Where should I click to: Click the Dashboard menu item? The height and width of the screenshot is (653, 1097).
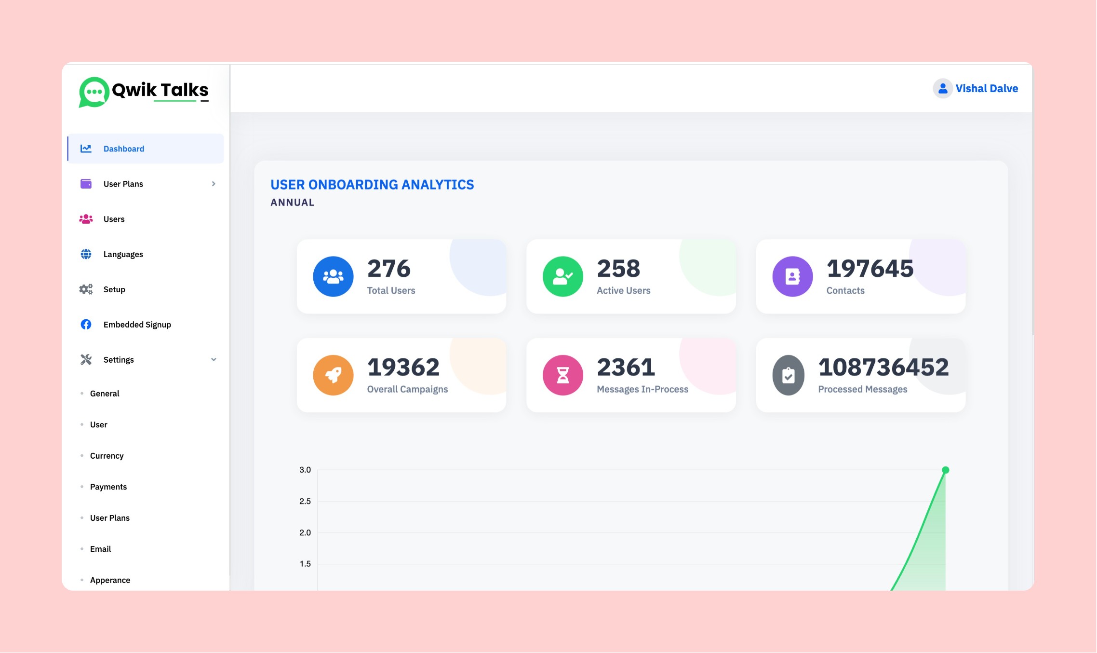[123, 149]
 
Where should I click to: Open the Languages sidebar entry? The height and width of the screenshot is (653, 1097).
[123, 255]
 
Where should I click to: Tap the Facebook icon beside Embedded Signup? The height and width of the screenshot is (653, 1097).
[86, 325]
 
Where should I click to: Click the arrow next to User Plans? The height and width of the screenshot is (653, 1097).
[214, 184]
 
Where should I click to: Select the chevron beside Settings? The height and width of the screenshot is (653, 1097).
[214, 360]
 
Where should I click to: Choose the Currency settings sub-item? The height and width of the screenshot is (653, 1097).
[107, 456]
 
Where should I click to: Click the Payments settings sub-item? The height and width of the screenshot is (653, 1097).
[108, 487]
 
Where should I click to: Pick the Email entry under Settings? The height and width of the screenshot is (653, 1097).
[100, 549]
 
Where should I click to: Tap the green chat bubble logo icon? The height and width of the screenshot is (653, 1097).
[94, 92]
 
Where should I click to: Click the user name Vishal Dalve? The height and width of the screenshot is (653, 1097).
[987, 89]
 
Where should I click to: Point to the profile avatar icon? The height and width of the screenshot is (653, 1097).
[943, 89]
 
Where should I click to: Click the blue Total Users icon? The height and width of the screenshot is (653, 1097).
[333, 277]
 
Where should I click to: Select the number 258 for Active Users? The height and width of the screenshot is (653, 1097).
[618, 269]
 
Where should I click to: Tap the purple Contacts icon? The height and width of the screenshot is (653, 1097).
[792, 277]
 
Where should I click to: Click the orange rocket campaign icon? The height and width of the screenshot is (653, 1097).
[333, 375]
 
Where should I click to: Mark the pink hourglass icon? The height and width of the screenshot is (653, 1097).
[562, 375]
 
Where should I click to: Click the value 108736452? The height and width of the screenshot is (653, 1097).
[883, 367]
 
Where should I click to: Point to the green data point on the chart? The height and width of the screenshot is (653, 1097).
[946, 470]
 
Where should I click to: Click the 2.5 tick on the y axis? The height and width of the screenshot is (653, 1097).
[305, 502]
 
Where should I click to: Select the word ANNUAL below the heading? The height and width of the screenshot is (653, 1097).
[292, 203]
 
